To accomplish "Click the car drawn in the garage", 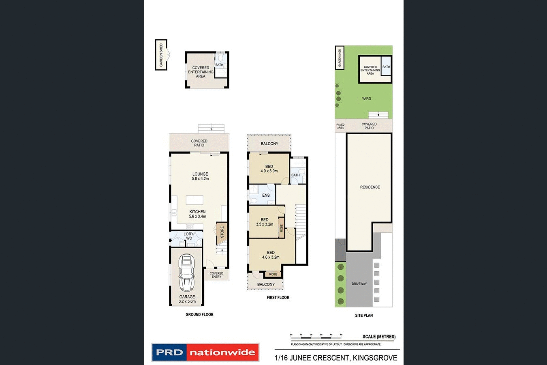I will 187,273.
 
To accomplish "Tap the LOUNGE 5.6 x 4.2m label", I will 200,176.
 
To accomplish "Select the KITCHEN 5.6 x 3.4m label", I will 197,214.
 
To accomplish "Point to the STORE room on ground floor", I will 222,232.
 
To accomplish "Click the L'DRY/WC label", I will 189,236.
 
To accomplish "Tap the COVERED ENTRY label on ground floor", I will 216,275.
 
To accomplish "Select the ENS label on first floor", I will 266,195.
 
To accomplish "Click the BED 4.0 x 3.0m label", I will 269,169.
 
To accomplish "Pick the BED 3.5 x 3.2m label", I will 265,222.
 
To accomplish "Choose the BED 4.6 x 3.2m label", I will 271,255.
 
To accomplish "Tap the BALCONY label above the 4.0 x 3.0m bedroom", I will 269,144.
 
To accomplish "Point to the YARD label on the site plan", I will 366,99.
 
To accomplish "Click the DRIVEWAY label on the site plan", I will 359,283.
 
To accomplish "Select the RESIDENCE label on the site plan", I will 370,187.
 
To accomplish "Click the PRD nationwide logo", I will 205,352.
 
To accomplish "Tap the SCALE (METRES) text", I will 379,337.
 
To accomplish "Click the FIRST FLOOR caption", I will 278,297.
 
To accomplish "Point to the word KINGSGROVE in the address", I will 375,358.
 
